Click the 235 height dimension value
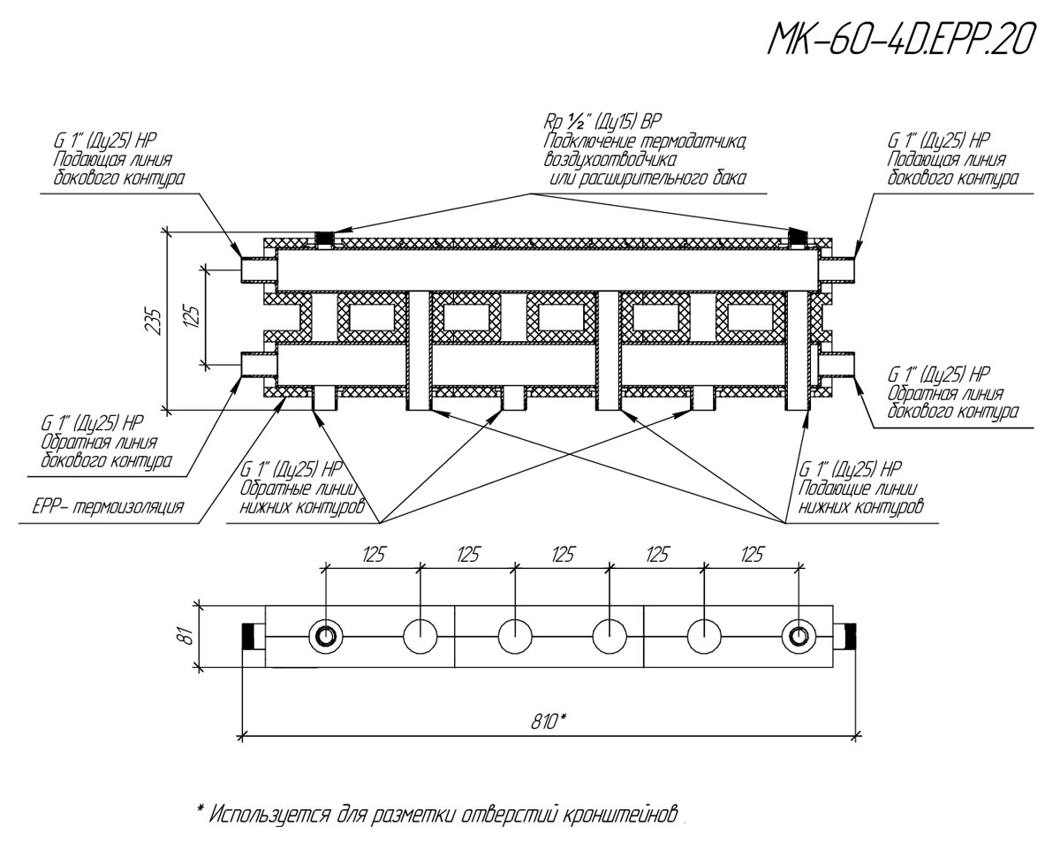point(155,322)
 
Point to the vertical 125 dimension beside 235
point(193,316)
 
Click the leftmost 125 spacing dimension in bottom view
point(374,555)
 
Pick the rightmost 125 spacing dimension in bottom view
point(752,555)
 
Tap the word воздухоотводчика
point(610,160)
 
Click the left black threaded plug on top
point(324,240)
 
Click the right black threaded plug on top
point(798,239)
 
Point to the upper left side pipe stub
point(259,270)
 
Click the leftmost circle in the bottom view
point(325,637)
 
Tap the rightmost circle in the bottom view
point(799,637)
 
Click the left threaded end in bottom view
point(253,637)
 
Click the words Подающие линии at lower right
point(858,489)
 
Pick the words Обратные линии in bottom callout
point(299,489)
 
